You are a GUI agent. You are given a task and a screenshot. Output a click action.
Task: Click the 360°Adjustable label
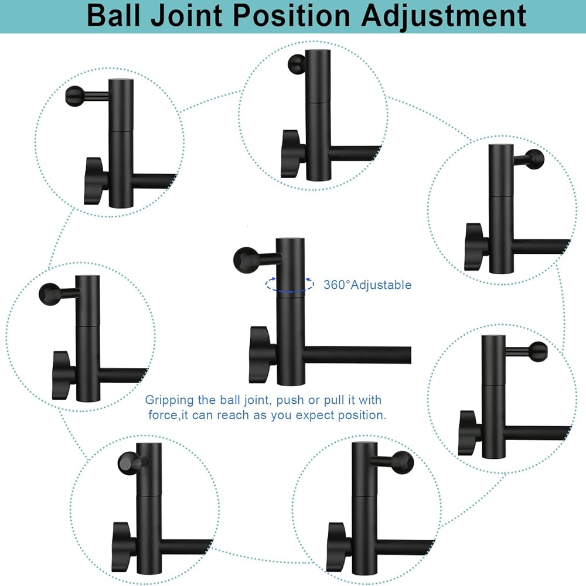[x=367, y=285]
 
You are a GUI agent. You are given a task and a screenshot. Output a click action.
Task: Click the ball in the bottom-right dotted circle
[x=403, y=461]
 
